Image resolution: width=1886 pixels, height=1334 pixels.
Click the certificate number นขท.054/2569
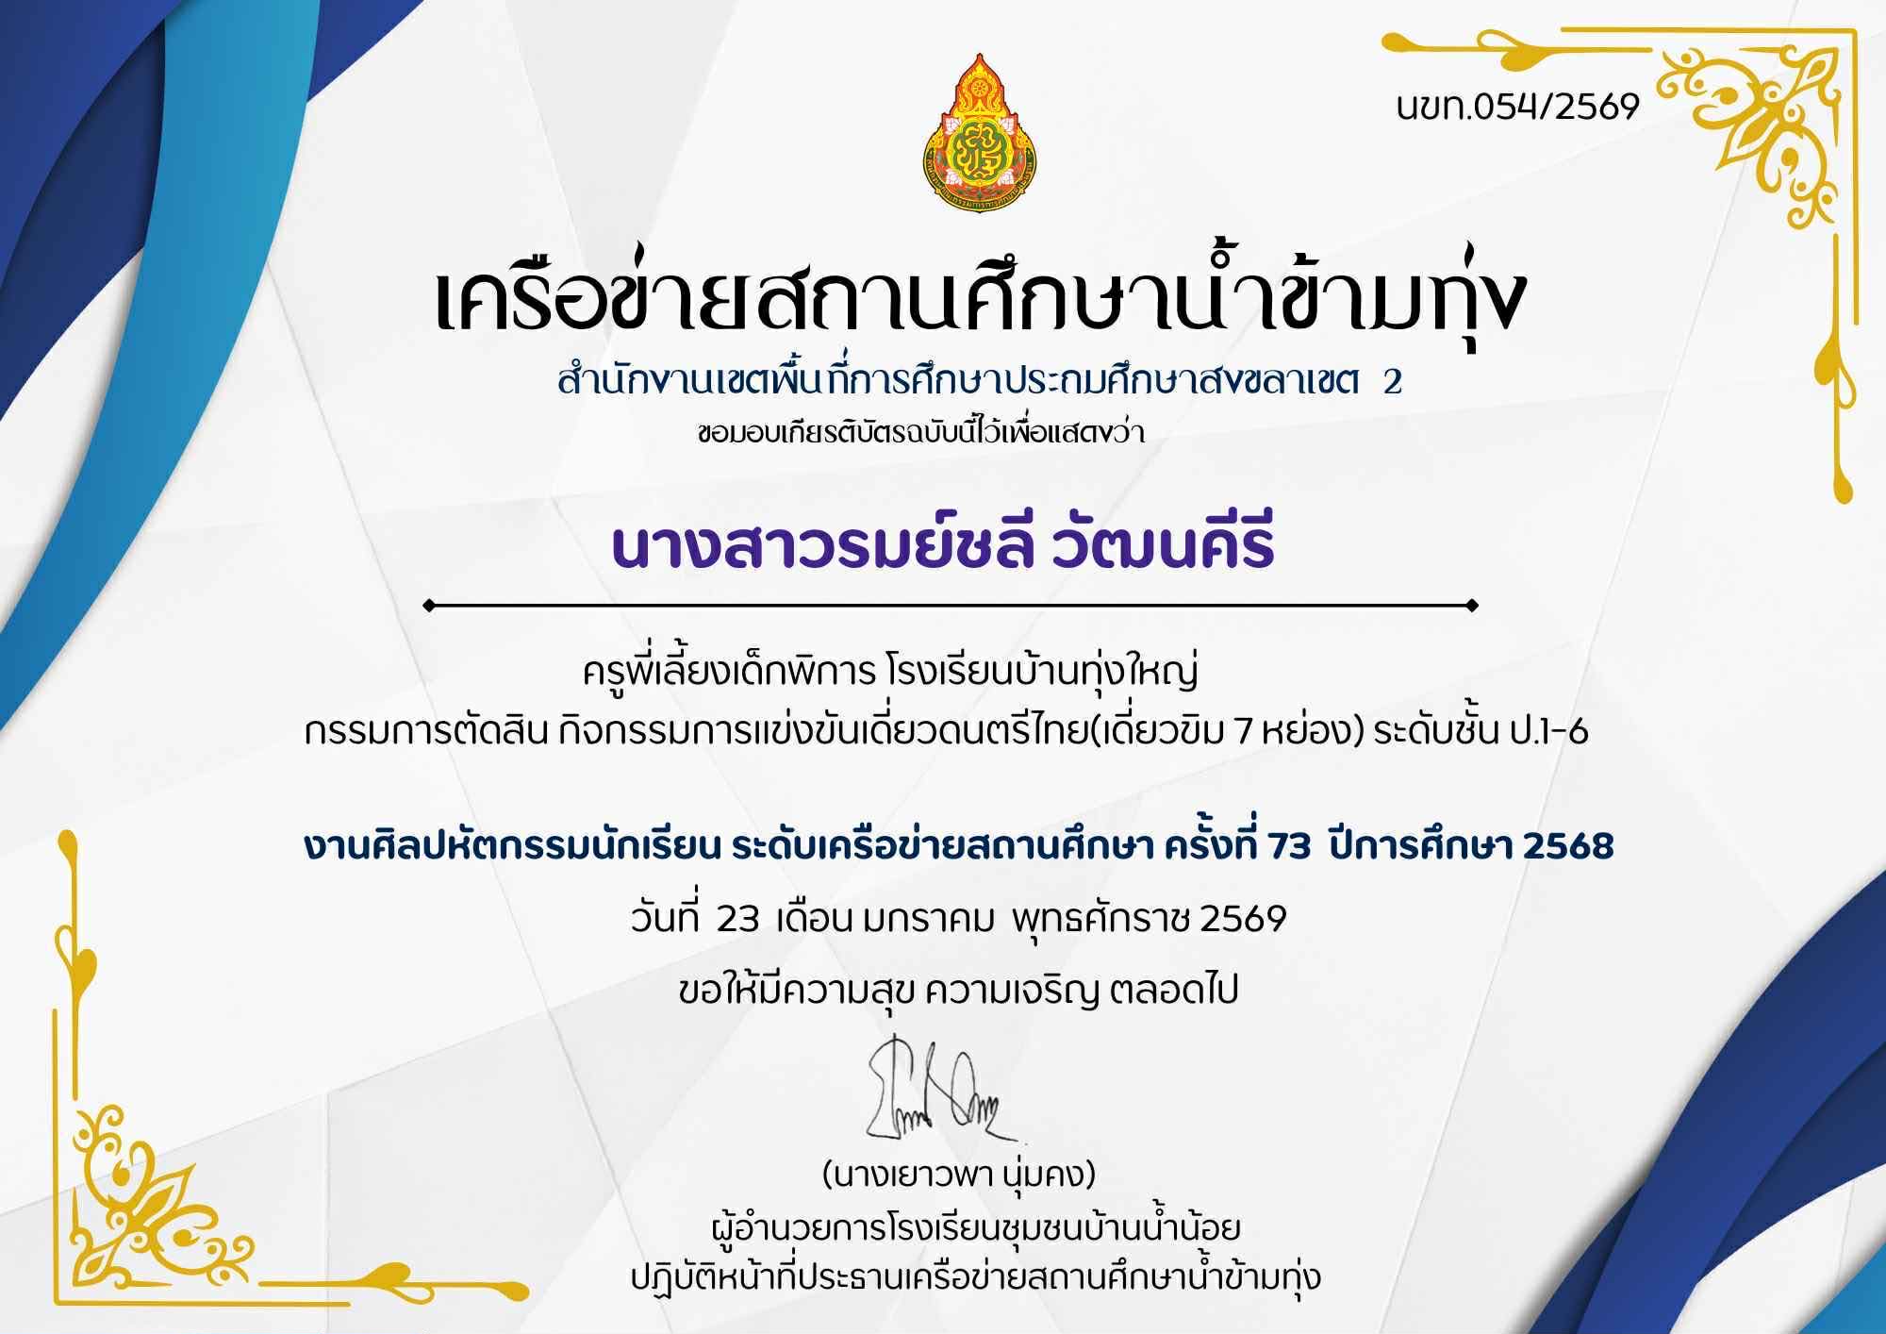tap(1517, 107)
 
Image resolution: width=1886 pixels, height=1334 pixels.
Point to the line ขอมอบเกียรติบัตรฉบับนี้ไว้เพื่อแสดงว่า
tap(920, 434)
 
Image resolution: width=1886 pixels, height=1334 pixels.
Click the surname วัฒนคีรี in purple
tap(1163, 544)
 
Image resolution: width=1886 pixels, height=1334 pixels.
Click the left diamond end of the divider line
tap(430, 606)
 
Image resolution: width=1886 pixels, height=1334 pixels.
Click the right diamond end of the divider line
tap(1472, 606)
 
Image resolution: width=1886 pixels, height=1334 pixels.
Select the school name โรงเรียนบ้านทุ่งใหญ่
tap(1042, 673)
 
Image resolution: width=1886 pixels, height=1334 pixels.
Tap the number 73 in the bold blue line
tap(1289, 846)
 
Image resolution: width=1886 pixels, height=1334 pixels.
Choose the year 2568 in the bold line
tap(1568, 846)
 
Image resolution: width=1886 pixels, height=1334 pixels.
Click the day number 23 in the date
tap(737, 918)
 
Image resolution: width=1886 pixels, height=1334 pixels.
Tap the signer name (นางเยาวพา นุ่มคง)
tap(959, 1176)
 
